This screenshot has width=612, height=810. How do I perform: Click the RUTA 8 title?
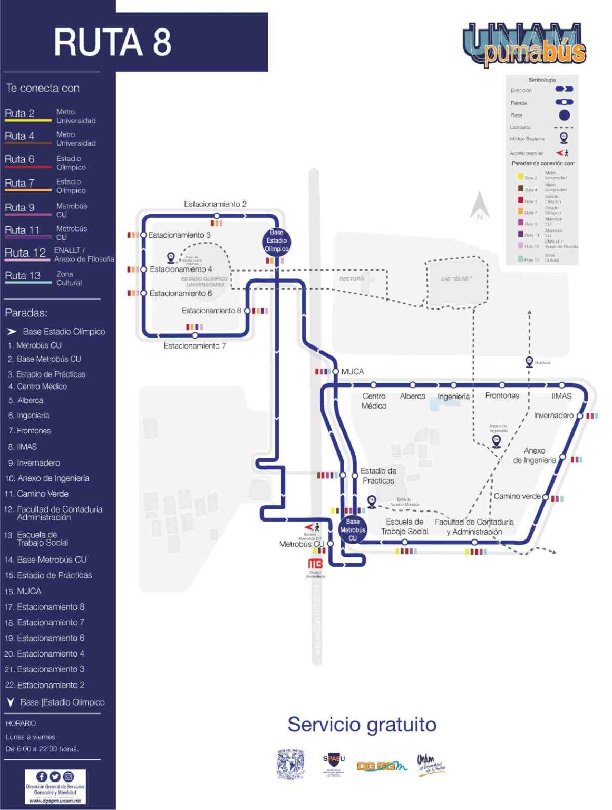click(x=112, y=42)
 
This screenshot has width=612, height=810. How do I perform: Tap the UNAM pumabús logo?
click(x=524, y=45)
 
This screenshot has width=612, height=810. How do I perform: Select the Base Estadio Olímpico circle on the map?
click(x=276, y=240)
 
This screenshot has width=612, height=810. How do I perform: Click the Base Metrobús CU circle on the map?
click(x=353, y=529)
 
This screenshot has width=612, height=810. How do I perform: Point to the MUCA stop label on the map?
click(x=352, y=372)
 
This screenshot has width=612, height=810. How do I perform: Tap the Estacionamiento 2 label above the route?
click(x=215, y=204)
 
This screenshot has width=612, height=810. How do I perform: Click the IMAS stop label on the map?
click(x=561, y=396)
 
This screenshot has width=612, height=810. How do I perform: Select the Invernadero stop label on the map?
click(x=553, y=416)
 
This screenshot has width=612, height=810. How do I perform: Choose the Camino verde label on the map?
click(x=517, y=496)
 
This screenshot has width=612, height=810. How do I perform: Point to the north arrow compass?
click(x=480, y=206)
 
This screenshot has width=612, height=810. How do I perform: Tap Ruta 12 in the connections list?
click(x=25, y=253)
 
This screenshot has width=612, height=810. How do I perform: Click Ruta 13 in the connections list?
click(x=23, y=276)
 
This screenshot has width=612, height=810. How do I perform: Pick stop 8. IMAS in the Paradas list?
click(x=23, y=447)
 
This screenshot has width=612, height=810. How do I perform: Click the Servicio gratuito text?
click(x=362, y=725)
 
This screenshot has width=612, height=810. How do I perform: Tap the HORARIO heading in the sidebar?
click(x=21, y=724)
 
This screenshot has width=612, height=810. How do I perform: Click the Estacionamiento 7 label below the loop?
click(x=195, y=346)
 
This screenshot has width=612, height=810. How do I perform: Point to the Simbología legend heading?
click(x=542, y=80)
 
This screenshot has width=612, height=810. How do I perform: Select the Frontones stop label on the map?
click(x=502, y=396)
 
